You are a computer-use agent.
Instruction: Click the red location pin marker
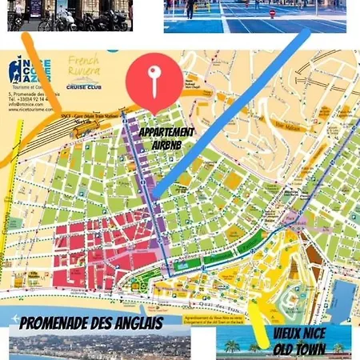[x=153, y=78]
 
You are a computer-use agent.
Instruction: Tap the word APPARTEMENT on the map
[x=166, y=131]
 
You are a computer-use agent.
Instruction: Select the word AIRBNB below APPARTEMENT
[x=166, y=146]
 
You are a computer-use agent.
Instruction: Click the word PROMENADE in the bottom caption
[x=58, y=323]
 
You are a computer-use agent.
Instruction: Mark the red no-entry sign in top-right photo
[x=272, y=14]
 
